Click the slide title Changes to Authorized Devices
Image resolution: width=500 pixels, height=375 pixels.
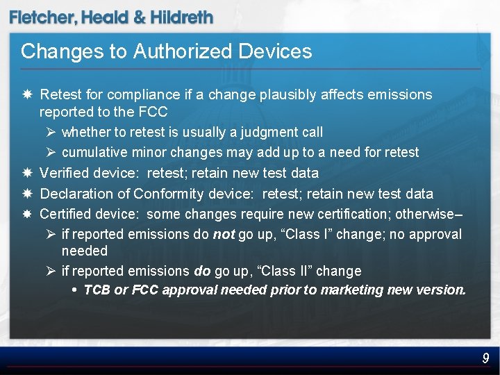pyautogui.click(x=167, y=51)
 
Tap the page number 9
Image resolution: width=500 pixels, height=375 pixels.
pyautogui.click(x=486, y=358)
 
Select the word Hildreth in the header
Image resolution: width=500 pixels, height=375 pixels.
pyautogui.click(x=178, y=18)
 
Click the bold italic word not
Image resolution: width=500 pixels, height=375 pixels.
pyautogui.click(x=223, y=235)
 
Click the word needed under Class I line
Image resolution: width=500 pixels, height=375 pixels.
pyautogui.click(x=84, y=251)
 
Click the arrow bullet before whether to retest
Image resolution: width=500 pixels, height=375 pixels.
pyautogui.click(x=51, y=132)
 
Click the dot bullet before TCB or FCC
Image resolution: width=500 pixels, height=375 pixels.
pyautogui.click(x=74, y=290)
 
